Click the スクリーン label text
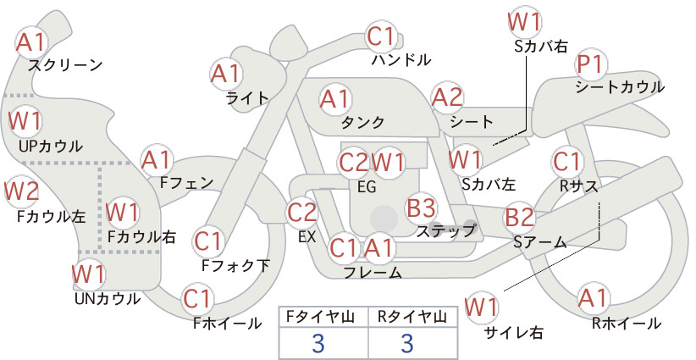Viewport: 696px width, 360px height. (65, 65)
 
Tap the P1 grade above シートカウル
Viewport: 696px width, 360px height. (591, 65)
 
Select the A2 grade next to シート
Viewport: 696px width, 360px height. (447, 98)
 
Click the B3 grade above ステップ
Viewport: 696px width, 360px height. (421, 208)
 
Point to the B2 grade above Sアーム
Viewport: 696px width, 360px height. (520, 218)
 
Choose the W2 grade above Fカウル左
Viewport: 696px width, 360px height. (22, 191)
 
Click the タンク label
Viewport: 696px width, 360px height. (362, 122)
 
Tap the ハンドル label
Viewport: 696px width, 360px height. (401, 59)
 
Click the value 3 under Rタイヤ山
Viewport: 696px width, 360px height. (407, 343)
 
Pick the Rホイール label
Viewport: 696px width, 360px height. (627, 324)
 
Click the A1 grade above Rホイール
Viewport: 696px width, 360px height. (593, 298)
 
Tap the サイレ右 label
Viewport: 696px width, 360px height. (514, 333)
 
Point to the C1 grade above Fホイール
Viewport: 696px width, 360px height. (196, 300)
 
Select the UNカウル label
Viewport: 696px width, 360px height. (108, 299)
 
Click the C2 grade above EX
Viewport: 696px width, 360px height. (301, 212)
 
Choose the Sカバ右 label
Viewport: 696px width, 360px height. (541, 47)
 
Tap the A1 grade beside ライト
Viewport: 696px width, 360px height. (226, 74)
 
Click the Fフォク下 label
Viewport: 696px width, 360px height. (235, 266)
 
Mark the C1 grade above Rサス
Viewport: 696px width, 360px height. (566, 162)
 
